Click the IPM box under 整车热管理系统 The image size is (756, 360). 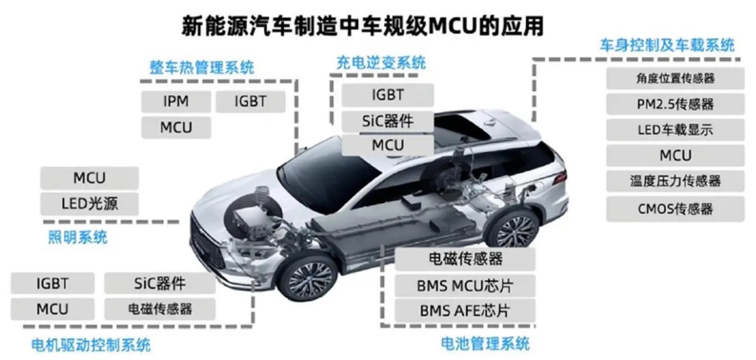(176, 102)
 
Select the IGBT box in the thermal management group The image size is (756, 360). (250, 102)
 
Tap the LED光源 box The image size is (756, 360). (90, 204)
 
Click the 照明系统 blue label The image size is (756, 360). (77, 237)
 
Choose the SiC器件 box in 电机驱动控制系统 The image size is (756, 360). (159, 283)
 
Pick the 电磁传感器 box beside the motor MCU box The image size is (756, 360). (159, 309)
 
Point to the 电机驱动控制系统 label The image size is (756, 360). (91, 345)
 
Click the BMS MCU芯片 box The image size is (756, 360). (465, 285)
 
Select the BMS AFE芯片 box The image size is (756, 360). (465, 310)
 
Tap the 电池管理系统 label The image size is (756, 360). (485, 343)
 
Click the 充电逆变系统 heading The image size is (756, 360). (381, 63)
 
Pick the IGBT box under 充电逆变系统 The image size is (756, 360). (388, 95)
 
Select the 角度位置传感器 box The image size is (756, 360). (674, 78)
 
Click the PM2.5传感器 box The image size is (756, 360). (674, 103)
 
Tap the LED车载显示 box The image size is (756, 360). (674, 130)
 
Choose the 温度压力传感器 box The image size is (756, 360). (674, 182)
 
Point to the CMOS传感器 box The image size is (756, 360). (674, 209)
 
